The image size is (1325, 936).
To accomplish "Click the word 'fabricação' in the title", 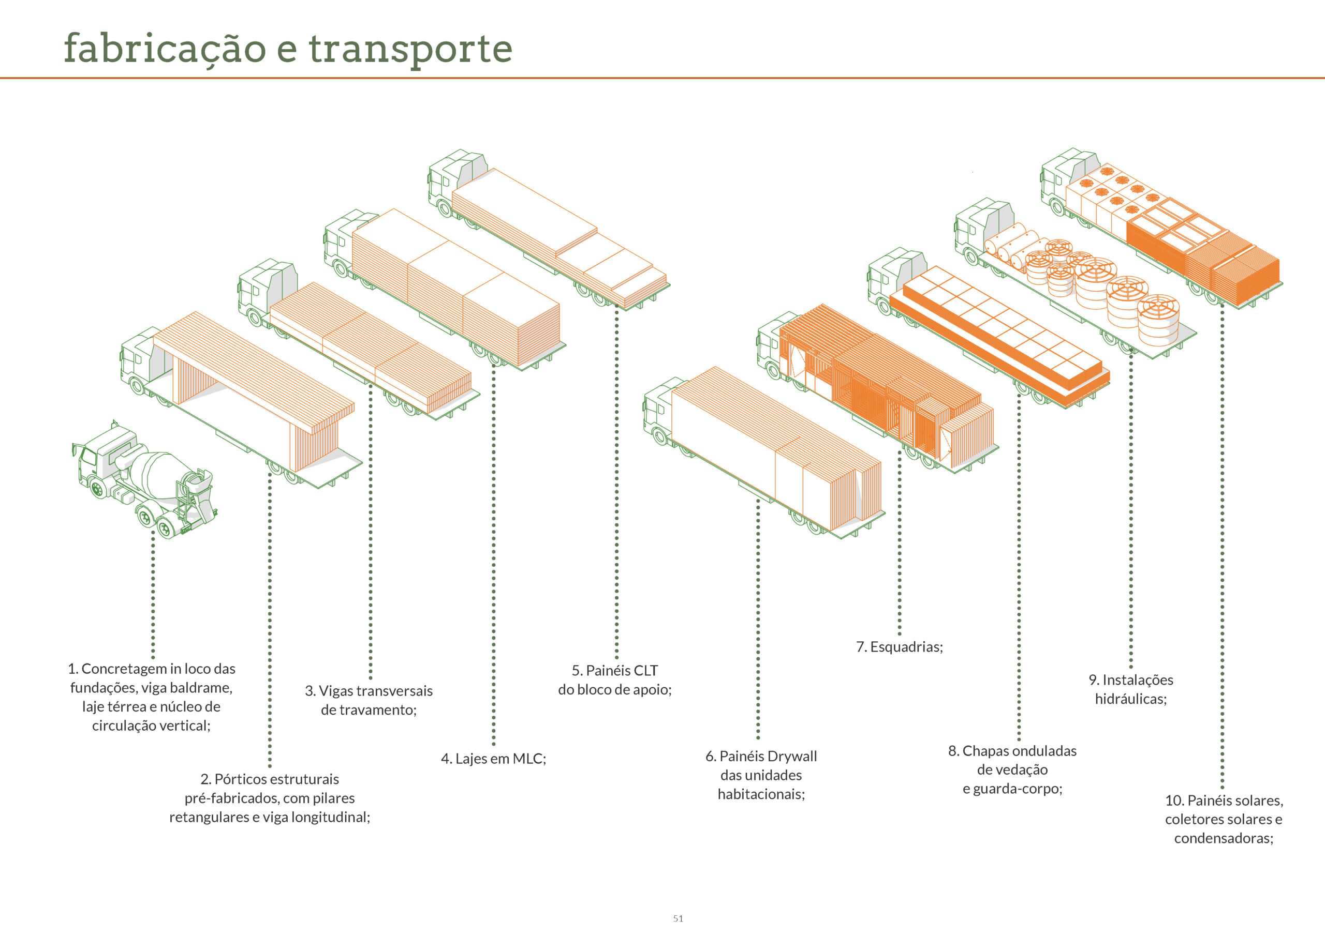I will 165,49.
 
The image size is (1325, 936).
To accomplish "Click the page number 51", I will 678,918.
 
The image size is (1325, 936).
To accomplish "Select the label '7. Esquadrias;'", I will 899,646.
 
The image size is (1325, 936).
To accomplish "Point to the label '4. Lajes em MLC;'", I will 493,759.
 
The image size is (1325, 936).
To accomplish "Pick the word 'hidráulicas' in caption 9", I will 1130,699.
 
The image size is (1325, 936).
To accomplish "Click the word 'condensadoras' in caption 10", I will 1223,838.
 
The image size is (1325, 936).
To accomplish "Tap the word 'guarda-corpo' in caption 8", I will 1018,789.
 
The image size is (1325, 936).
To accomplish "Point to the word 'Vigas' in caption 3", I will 335,691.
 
